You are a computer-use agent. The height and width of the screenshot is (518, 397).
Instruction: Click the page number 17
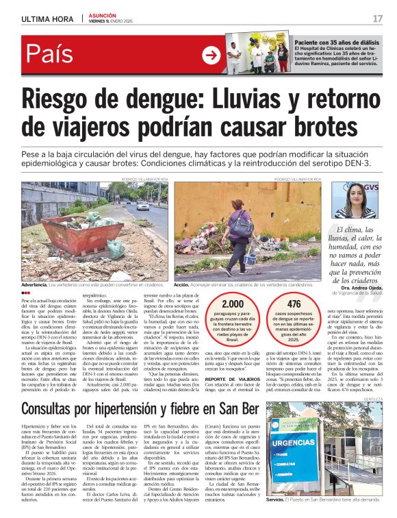(x=377, y=18)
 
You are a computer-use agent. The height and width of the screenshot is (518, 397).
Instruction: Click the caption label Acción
(x=181, y=284)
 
